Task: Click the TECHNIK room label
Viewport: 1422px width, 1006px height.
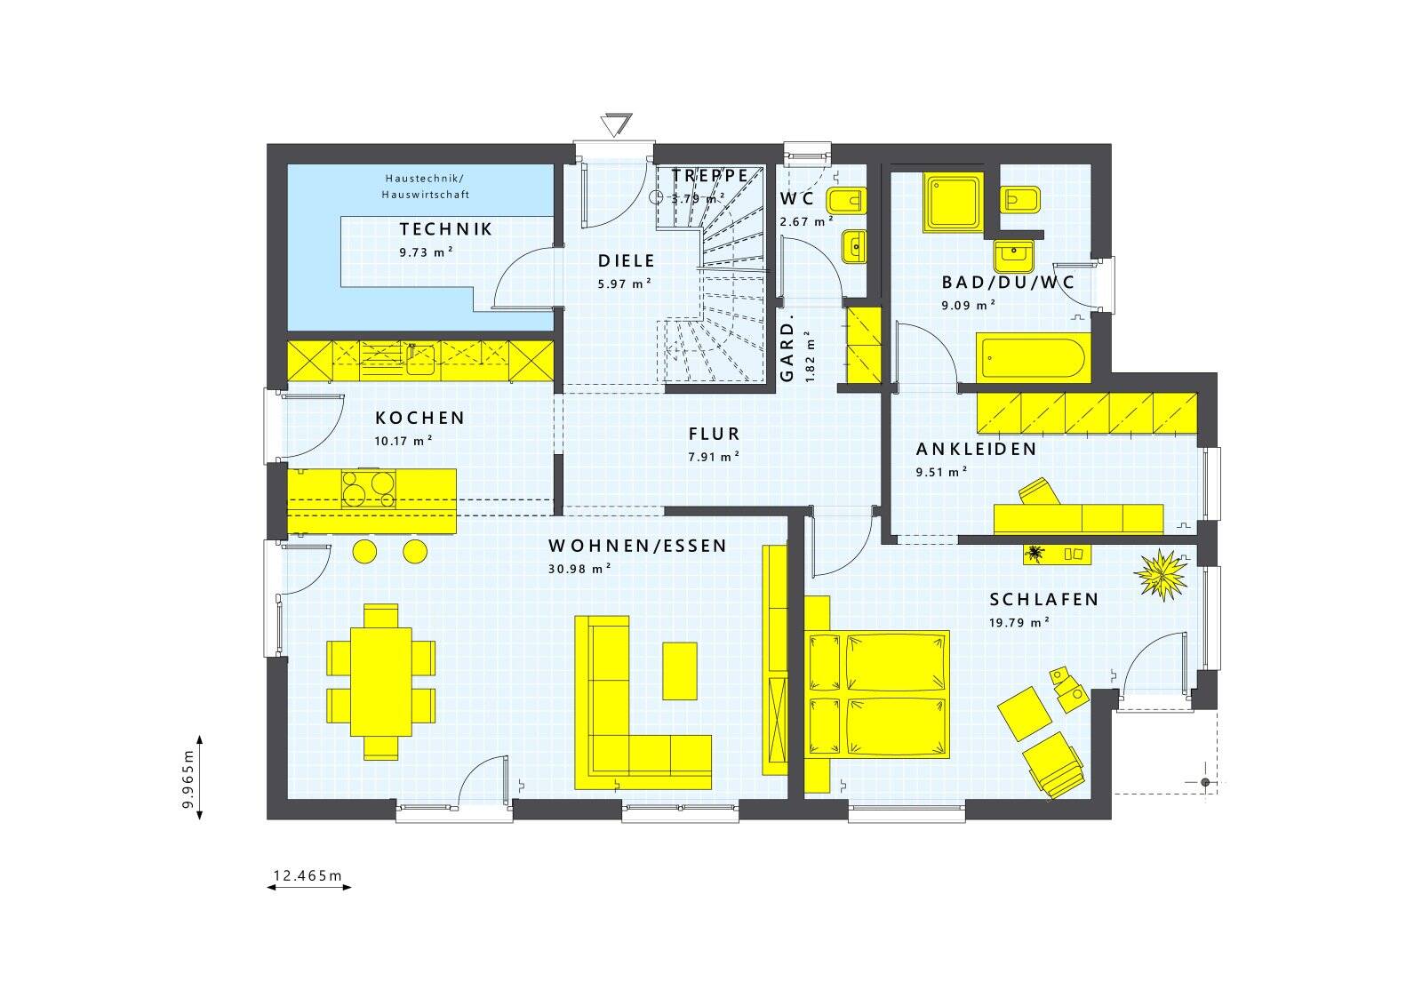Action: click(445, 229)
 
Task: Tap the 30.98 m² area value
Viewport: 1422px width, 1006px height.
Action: click(579, 570)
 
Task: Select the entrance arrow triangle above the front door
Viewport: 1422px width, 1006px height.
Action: click(616, 124)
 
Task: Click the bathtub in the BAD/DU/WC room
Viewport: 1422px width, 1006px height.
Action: click(1034, 358)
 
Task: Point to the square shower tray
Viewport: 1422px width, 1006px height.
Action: click(953, 202)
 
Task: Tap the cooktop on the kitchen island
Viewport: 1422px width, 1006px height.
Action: click(369, 489)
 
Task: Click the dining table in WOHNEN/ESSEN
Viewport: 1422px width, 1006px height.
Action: click(381, 682)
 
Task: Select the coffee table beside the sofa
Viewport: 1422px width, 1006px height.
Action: click(680, 671)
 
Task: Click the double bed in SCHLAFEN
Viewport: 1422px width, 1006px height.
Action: click(878, 694)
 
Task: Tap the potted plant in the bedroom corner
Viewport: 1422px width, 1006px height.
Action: click(1161, 575)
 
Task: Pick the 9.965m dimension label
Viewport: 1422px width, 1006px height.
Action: click(188, 778)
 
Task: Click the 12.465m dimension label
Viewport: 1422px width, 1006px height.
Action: click(308, 876)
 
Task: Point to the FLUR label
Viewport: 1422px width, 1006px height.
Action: click(715, 435)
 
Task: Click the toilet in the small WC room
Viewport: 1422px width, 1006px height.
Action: click(846, 201)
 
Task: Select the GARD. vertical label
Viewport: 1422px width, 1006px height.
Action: click(787, 352)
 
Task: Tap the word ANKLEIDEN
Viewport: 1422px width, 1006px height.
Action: click(977, 450)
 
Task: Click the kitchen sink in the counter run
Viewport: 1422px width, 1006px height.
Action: click(420, 359)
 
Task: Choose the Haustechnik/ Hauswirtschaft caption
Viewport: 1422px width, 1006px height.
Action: click(426, 187)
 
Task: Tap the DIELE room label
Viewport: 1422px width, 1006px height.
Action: click(627, 261)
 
